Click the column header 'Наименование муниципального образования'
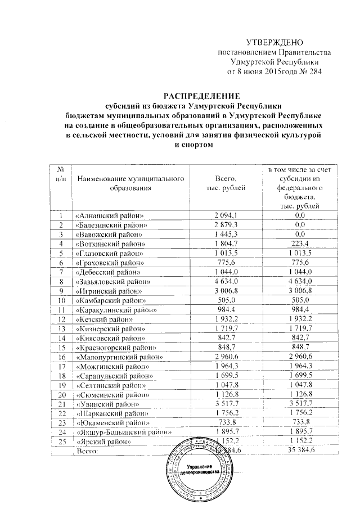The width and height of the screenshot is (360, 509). tap(131, 183)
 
